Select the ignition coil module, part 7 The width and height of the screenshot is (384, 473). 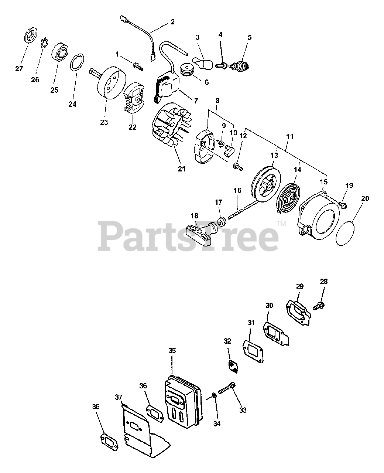(x=168, y=87)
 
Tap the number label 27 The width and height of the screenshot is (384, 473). (x=19, y=69)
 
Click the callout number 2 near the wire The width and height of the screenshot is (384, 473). (x=172, y=21)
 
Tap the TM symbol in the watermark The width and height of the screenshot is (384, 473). (x=281, y=223)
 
